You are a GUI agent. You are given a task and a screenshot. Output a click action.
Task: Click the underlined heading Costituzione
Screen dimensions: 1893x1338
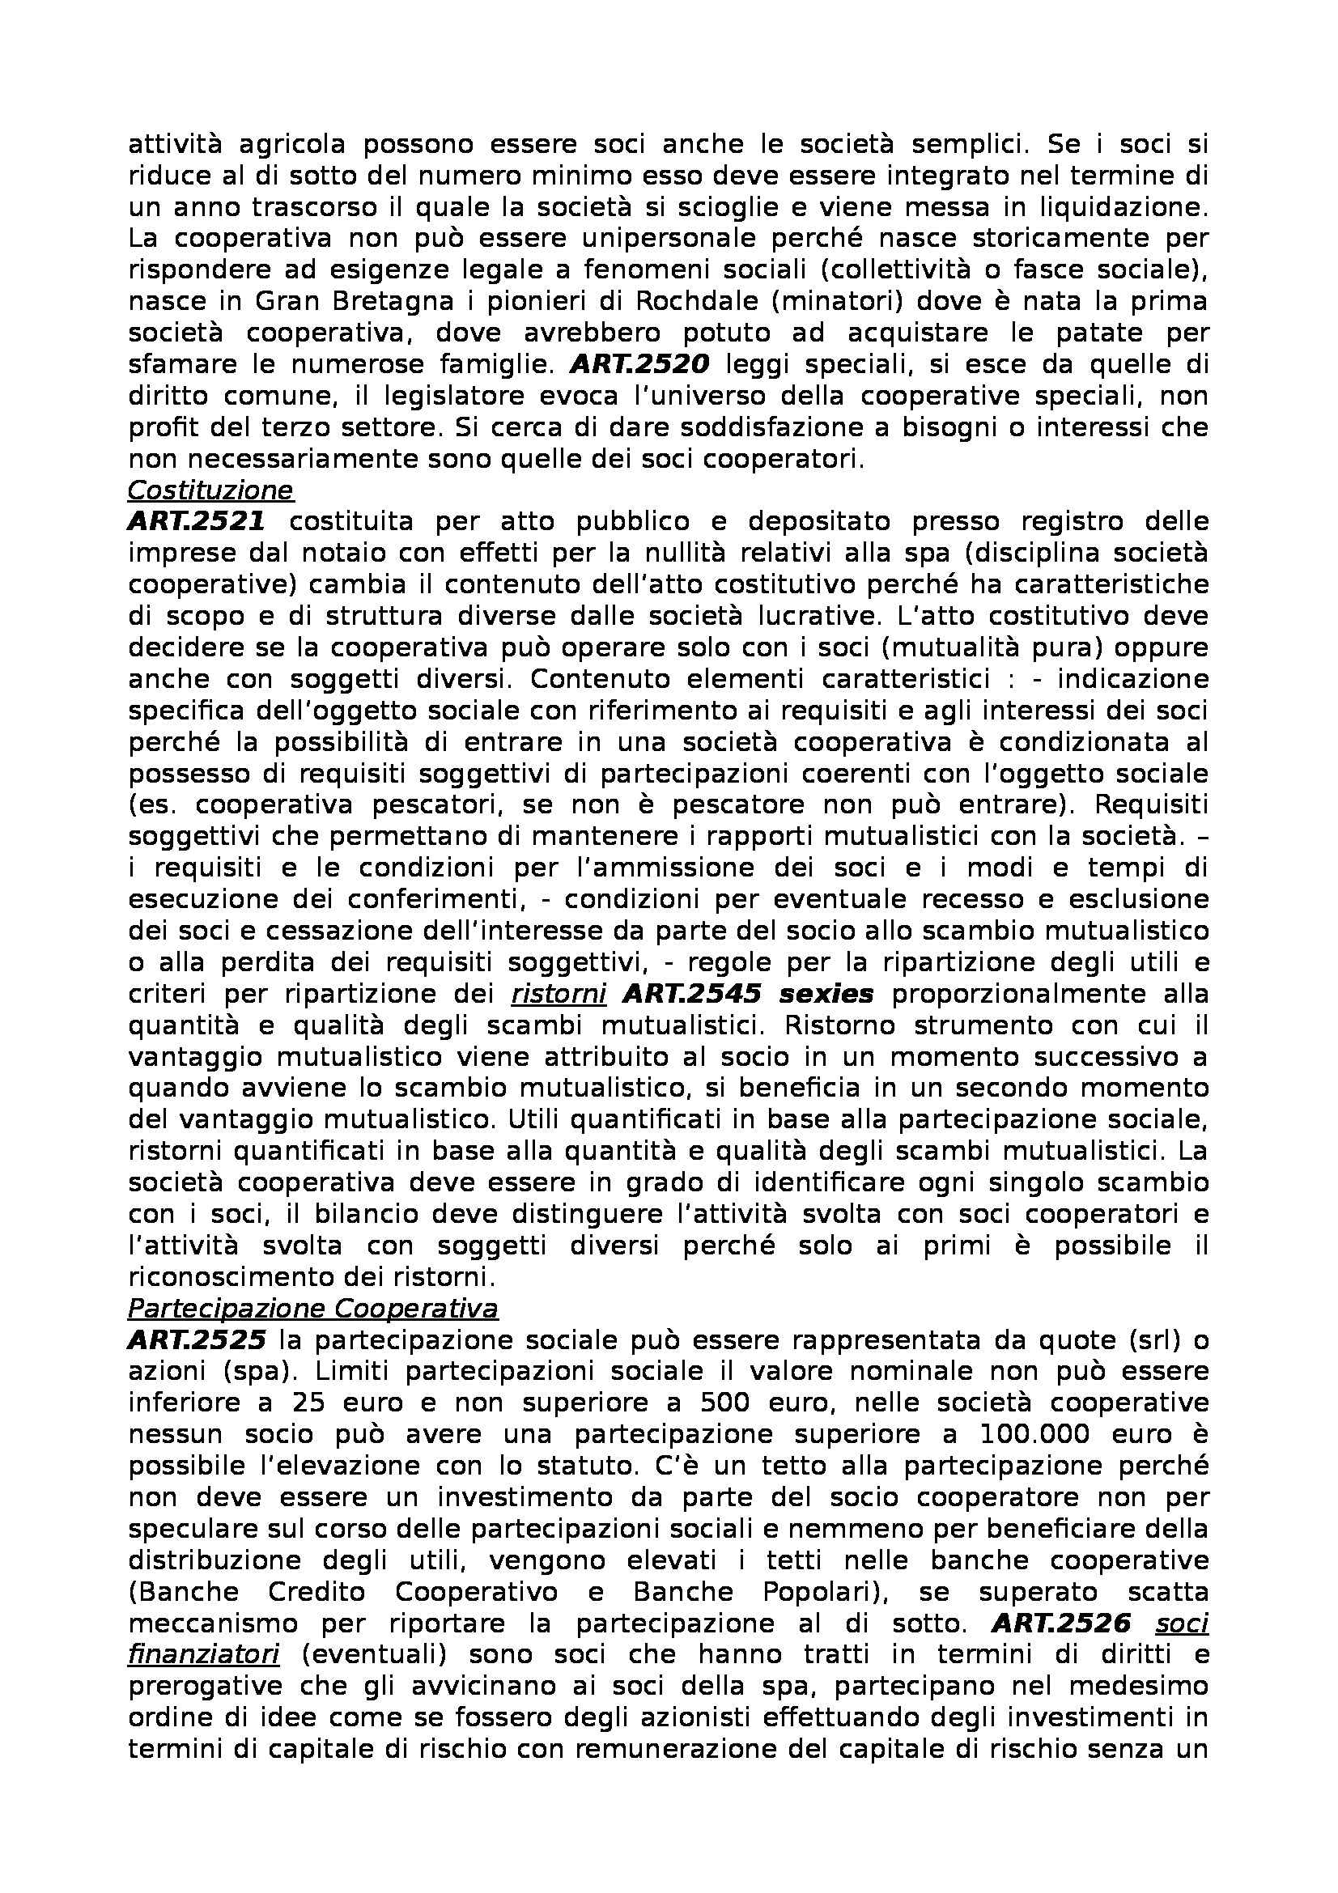tap(210, 490)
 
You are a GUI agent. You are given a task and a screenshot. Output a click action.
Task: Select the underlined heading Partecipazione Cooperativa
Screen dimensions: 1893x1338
tap(312, 1309)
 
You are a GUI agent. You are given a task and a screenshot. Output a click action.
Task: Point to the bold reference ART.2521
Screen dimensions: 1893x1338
tap(196, 522)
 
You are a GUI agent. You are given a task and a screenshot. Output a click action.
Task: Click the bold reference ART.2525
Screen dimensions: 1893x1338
tap(196, 1340)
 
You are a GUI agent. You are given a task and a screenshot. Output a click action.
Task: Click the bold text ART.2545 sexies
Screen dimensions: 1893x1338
tap(748, 995)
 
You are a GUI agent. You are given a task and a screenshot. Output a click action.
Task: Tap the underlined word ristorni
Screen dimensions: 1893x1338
tap(559, 995)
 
